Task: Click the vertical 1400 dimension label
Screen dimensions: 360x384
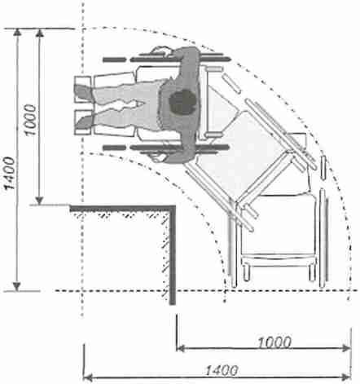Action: pyautogui.click(x=9, y=173)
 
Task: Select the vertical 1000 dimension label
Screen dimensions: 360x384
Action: pyautogui.click(x=30, y=120)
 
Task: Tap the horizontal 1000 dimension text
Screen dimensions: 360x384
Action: pyautogui.click(x=274, y=342)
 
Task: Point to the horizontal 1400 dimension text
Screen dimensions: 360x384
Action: pyautogui.click(x=222, y=370)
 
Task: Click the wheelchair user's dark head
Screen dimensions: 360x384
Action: pyautogui.click(x=182, y=102)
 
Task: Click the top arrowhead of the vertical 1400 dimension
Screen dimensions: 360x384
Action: pyautogui.click(x=17, y=32)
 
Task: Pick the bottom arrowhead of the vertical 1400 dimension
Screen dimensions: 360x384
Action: pyautogui.click(x=17, y=287)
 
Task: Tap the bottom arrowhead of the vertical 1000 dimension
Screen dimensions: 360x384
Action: pyautogui.click(x=40, y=201)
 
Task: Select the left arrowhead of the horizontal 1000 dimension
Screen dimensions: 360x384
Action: pyautogui.click(x=180, y=348)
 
